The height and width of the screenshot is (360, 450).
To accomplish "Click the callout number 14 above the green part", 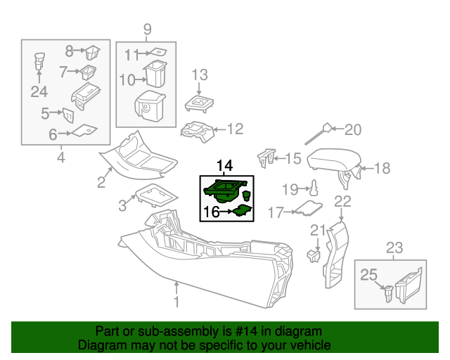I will (x=224, y=166).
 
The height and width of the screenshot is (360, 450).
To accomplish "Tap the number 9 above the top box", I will (x=147, y=29).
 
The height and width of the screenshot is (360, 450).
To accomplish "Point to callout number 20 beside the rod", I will (x=352, y=129).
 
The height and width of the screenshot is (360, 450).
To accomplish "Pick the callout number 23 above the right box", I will (x=394, y=247).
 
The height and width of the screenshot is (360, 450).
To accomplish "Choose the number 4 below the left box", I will (x=60, y=157).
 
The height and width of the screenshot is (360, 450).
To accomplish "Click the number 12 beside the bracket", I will (x=234, y=129).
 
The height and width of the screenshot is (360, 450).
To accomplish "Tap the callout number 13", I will (x=200, y=75).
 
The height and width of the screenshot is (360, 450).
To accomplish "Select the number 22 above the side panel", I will (x=342, y=202).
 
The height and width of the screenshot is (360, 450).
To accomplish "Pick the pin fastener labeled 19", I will (x=316, y=187).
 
